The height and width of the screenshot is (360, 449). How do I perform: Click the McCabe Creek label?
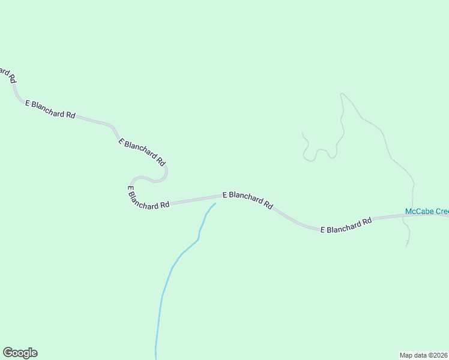427,212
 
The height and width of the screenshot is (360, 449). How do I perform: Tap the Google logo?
20,353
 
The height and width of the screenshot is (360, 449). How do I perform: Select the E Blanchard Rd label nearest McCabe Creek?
346,226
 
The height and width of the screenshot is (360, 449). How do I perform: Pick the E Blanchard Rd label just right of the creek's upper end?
248,199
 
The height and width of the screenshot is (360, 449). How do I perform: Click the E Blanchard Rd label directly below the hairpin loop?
148,199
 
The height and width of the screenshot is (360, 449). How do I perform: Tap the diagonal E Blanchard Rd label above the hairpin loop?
142,152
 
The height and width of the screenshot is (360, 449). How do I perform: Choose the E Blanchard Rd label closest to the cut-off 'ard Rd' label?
50,109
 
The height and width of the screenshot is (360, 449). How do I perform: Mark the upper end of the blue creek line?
214,204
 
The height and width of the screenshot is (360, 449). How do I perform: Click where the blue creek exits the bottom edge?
156,358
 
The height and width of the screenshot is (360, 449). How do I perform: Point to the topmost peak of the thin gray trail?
342,94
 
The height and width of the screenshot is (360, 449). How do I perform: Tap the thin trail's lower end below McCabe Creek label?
407,245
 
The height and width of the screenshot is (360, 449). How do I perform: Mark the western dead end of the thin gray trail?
302,133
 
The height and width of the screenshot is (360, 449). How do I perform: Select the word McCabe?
418,212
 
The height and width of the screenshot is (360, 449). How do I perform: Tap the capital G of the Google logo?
8,352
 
